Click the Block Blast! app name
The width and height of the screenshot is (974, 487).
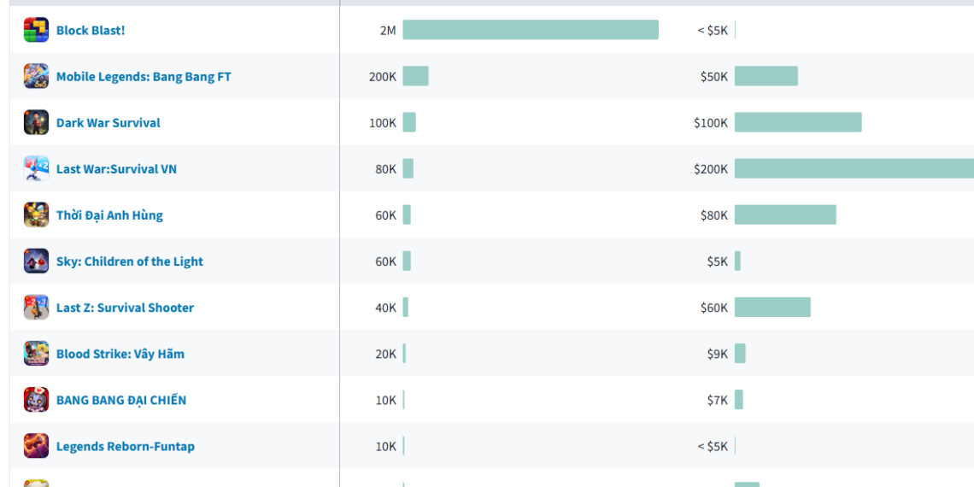pyautogui.click(x=91, y=30)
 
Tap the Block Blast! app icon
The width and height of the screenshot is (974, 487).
pyautogui.click(x=36, y=30)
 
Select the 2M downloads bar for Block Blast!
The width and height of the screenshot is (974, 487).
pyautogui.click(x=531, y=30)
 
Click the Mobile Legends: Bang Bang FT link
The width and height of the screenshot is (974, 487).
pyautogui.click(x=144, y=76)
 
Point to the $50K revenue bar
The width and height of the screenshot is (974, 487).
pyautogui.click(x=766, y=76)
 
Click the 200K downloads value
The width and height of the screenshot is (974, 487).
pyautogui.click(x=383, y=76)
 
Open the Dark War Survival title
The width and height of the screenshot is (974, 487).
pyautogui.click(x=109, y=122)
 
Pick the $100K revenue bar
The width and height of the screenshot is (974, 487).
pyautogui.click(x=798, y=122)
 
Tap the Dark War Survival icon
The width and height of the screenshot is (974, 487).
pyautogui.click(x=36, y=122)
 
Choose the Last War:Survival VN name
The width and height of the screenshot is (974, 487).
pyautogui.click(x=116, y=168)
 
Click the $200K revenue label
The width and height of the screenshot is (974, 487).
pyautogui.click(x=711, y=168)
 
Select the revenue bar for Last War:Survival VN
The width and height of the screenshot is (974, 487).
pyautogui.click(x=854, y=168)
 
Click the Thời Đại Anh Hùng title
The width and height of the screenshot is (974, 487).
pyautogui.click(x=109, y=214)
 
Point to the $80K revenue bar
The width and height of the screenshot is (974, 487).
pyautogui.click(x=785, y=214)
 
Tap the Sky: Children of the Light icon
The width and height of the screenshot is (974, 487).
pyautogui.click(x=36, y=261)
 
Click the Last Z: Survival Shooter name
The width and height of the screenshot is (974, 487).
pyautogui.click(x=125, y=307)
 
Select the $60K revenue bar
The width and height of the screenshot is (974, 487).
pyautogui.click(x=772, y=307)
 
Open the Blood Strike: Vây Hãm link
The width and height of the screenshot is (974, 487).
pyautogui.click(x=120, y=353)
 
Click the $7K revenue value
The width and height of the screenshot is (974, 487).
pyautogui.click(x=718, y=399)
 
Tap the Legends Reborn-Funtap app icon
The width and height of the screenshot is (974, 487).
pyautogui.click(x=36, y=445)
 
